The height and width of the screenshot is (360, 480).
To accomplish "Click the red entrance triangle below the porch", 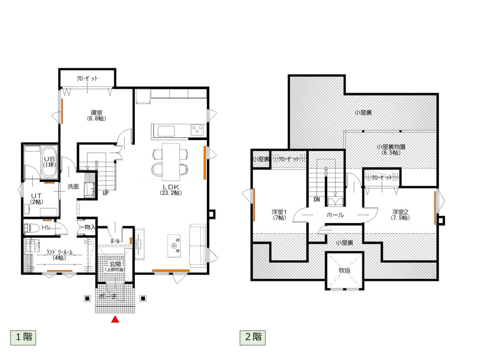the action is [115, 319].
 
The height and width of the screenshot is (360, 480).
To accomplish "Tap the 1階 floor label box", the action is [23, 337].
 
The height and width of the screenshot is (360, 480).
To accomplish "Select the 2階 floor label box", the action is [253, 337].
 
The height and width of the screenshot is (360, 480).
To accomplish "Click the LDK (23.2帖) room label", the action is [171, 190].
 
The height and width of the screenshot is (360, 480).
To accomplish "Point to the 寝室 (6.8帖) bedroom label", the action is [96, 115].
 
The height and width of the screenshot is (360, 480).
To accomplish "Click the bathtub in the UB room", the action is [49, 162].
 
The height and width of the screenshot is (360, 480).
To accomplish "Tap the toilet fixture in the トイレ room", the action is [31, 228].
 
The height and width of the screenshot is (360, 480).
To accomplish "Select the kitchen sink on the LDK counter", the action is [166, 132].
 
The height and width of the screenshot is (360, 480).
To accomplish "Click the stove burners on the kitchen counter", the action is [197, 130].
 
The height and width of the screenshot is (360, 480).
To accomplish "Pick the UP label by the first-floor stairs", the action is [105, 193].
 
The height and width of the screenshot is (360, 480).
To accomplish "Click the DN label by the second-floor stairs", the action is [316, 200].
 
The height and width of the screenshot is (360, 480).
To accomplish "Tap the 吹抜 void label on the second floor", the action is [345, 271].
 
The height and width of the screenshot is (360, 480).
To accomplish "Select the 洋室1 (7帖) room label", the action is [279, 215].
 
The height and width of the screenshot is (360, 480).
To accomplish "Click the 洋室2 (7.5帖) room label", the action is [400, 215].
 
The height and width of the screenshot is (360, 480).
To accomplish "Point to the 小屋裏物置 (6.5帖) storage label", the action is [391, 149].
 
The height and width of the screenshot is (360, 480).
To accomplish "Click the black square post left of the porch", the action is [87, 299].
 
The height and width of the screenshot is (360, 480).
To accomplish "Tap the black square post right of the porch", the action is [143, 299].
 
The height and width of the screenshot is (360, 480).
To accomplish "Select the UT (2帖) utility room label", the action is [36, 199].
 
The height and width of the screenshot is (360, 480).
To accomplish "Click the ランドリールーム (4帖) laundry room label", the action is [59, 255].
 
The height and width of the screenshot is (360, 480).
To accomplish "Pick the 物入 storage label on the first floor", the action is [90, 227].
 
